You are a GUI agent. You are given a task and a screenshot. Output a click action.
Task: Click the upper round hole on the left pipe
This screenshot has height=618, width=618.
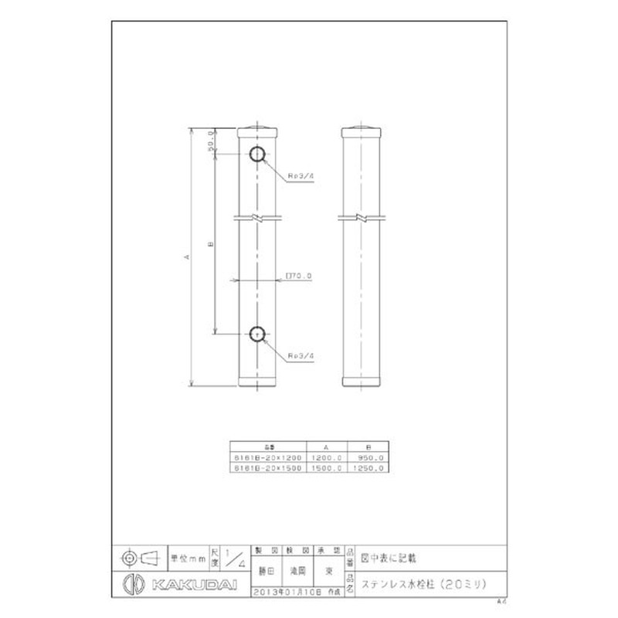[x=257, y=154]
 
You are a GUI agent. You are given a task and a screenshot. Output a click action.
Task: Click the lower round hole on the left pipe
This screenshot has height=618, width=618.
[x=257, y=334]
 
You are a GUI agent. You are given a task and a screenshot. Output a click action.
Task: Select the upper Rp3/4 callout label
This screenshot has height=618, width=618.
[x=301, y=176]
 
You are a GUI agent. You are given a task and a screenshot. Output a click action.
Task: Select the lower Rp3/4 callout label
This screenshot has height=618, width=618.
[x=301, y=355]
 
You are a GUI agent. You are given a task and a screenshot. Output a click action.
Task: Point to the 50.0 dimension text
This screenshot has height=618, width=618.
[x=211, y=142]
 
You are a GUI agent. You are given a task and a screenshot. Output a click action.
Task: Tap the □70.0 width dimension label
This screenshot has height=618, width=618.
[x=298, y=275]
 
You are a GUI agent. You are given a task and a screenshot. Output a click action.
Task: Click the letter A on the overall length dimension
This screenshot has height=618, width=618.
[x=186, y=257]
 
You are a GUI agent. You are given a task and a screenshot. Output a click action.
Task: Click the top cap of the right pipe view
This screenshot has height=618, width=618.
[x=362, y=127]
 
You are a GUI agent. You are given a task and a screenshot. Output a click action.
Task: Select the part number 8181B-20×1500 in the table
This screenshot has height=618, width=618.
[x=268, y=467]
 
